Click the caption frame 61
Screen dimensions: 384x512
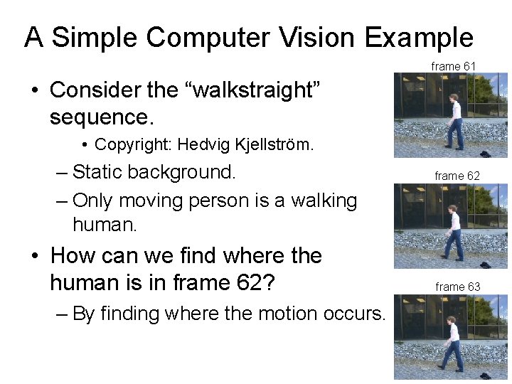(x=453, y=66)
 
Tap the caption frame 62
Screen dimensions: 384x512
(x=457, y=176)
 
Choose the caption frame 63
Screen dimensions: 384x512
(x=457, y=287)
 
